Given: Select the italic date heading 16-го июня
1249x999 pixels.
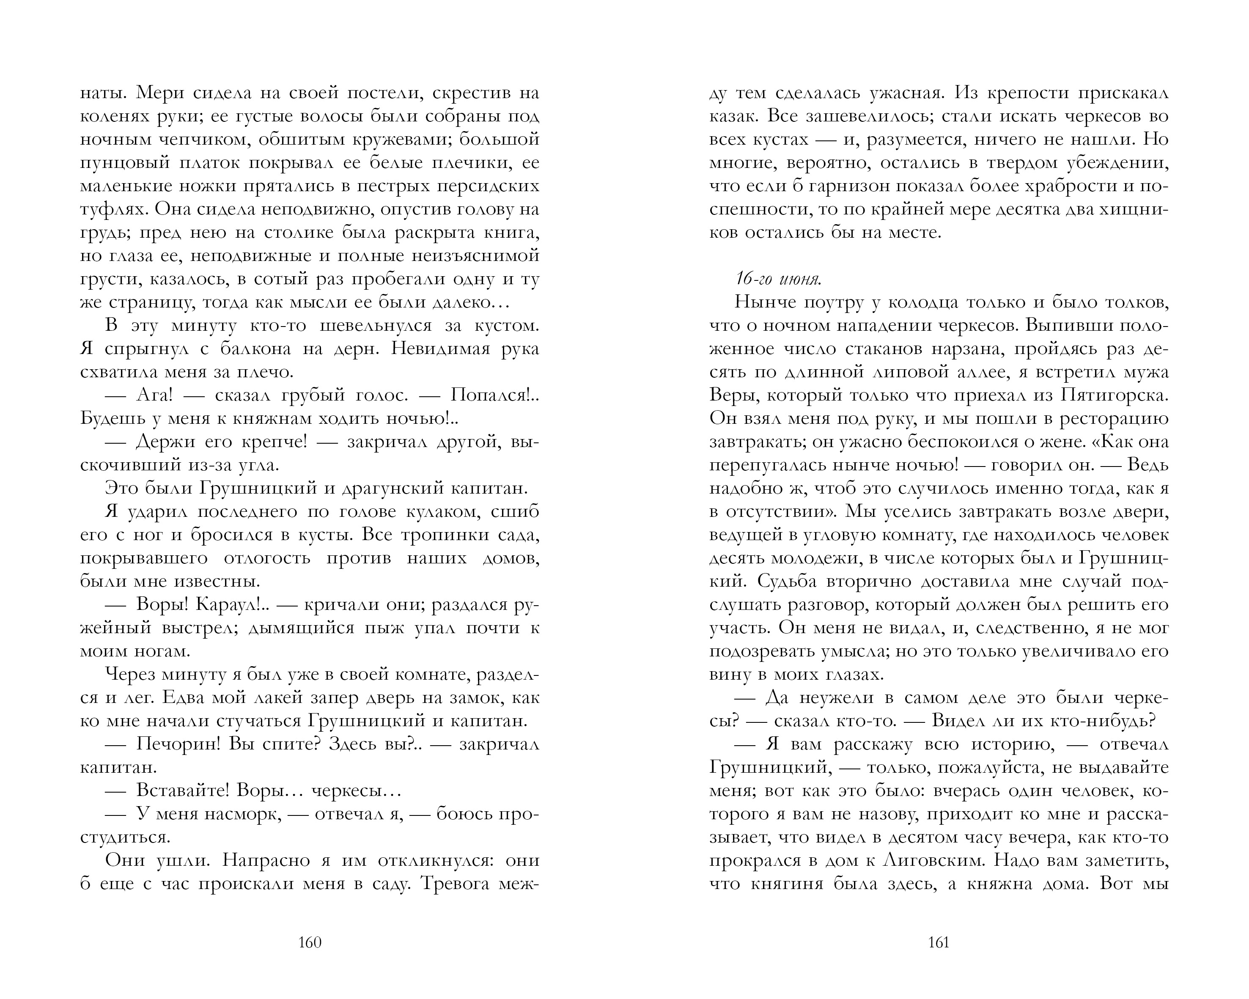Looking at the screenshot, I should click(x=778, y=280).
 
